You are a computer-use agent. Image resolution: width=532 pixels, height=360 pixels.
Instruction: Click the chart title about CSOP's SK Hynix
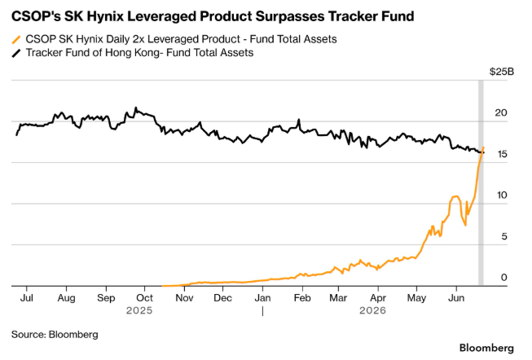(x=213, y=16)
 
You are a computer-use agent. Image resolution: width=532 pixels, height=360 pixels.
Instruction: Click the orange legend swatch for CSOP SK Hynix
(x=16, y=40)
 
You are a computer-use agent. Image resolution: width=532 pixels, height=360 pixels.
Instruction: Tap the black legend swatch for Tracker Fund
(x=16, y=53)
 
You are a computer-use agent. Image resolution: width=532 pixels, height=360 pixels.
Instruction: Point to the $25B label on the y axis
(x=502, y=72)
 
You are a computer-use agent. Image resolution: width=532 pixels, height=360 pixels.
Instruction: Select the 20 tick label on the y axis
(x=501, y=112)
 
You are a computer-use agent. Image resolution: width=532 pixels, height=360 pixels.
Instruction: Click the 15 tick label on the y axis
(x=502, y=154)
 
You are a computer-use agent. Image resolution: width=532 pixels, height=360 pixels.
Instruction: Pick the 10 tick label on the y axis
(x=502, y=195)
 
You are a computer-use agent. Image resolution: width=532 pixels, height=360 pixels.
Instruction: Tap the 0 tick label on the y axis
(x=503, y=277)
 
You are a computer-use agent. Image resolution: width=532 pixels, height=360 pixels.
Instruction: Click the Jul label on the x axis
(x=26, y=298)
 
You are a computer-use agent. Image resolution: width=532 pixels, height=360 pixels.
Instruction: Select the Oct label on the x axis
(x=144, y=298)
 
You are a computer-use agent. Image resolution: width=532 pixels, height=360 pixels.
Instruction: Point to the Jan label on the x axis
(x=262, y=298)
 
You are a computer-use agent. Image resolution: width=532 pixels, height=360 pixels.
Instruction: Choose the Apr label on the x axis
(x=378, y=298)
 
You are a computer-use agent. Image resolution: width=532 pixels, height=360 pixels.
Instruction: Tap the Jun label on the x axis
(x=456, y=298)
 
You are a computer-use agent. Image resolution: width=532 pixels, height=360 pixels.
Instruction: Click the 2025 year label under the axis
(x=139, y=310)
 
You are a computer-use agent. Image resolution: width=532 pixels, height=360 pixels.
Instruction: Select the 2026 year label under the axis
(x=373, y=310)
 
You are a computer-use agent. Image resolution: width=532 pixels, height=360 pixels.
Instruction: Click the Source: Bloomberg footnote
(x=55, y=335)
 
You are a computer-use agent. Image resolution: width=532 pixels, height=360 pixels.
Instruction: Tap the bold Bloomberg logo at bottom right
(x=486, y=348)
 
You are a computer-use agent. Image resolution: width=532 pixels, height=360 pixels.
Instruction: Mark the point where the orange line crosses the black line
(x=481, y=152)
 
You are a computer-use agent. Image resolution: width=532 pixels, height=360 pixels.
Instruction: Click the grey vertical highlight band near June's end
(x=481, y=183)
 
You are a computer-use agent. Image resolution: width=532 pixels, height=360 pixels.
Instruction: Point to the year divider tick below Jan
(x=262, y=311)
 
